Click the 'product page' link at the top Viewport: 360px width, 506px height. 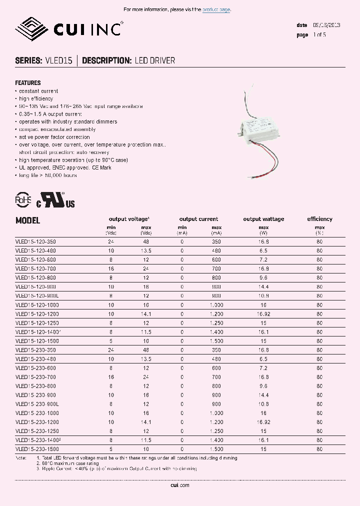pyautogui.click(x=216, y=9)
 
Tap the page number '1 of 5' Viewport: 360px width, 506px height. pyautogui.click(x=319, y=35)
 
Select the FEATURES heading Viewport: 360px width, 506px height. pyautogui.click(x=28, y=83)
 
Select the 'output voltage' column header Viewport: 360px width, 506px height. pyautogui.click(x=128, y=219)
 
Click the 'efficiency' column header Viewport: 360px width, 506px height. pyautogui.click(x=319, y=219)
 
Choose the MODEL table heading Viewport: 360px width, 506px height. pyautogui.click(x=27, y=220)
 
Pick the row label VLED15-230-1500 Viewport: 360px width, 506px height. pyautogui.click(x=37, y=449)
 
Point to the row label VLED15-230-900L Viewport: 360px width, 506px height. pyautogui.click(x=37, y=404)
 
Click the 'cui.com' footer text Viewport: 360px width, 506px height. pyautogui.click(x=179, y=485)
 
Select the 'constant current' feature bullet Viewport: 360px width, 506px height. pyautogui.click(x=38, y=91)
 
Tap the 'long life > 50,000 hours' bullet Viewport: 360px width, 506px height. pyautogui.click(x=47, y=175)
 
